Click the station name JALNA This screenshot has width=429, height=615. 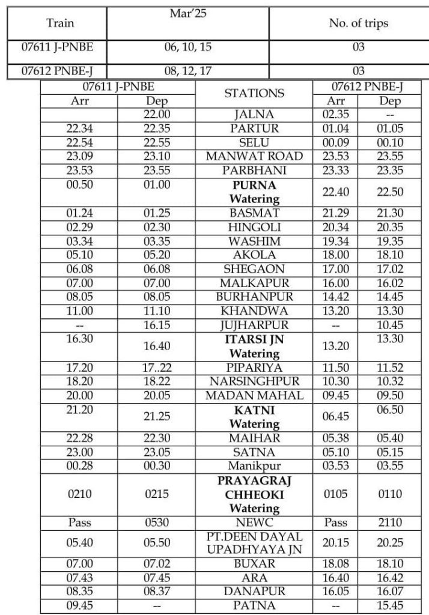pos(254,114)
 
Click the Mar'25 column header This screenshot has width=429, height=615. pos(188,13)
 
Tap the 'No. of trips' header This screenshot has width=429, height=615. pos(359,23)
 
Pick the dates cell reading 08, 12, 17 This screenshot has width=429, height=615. pos(188,71)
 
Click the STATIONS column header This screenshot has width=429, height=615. pos(254,93)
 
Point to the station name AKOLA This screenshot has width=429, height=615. pos(254,255)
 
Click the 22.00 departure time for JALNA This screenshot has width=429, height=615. pos(156,114)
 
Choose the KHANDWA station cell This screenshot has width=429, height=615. pos(254,311)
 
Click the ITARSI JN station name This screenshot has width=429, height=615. pos(254,339)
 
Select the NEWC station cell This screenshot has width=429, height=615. pos(254,523)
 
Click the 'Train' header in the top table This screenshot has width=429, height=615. pos(60,23)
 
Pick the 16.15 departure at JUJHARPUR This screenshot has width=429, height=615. pos(156,325)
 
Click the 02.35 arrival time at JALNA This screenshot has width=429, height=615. pos(335,114)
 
